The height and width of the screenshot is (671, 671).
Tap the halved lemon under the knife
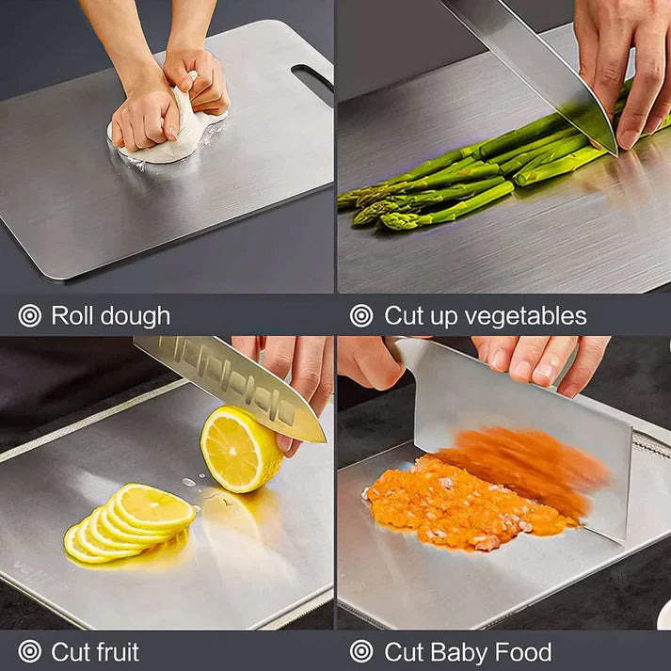(240, 449)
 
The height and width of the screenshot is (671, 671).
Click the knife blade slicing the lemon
(231, 381)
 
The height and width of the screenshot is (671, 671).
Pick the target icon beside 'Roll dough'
(30, 316)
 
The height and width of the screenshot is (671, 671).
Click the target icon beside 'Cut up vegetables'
(361, 316)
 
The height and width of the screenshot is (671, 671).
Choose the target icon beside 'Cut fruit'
(30, 651)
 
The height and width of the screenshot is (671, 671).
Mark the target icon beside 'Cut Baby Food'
(361, 651)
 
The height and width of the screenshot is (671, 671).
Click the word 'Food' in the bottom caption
(522, 651)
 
